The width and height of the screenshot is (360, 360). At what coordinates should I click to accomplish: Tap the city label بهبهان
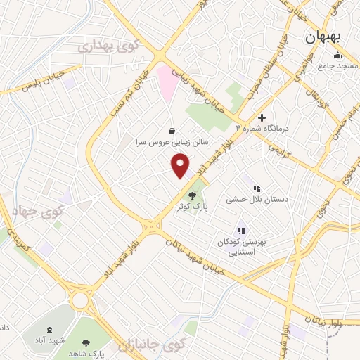point(322,39)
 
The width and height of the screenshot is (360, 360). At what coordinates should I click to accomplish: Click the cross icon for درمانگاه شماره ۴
point(262,117)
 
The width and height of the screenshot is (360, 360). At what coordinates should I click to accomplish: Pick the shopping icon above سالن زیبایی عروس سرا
point(172,130)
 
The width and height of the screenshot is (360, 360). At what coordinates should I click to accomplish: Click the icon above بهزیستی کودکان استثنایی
point(240,230)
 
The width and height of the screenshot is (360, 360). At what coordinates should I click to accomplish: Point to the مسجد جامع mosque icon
point(338,56)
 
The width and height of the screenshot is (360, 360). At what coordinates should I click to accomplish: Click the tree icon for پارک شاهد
point(86,343)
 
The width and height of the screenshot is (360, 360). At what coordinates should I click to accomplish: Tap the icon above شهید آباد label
point(49,330)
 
